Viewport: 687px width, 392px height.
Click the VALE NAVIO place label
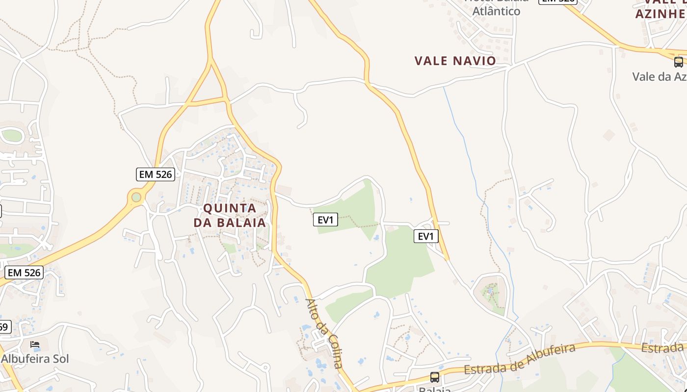point(455,61)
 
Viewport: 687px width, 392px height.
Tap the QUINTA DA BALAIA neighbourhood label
point(230,215)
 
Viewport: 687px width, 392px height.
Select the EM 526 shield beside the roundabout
point(155,174)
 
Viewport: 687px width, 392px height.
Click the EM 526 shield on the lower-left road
point(24,272)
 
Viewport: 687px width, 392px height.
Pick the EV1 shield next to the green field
point(325,220)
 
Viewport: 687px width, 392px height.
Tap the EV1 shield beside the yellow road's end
point(425,236)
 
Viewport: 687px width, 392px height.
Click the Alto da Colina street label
point(323,333)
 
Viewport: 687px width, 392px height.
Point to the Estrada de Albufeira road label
point(520,359)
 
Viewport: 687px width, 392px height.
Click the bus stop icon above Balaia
point(434,377)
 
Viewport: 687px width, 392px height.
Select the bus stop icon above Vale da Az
point(678,62)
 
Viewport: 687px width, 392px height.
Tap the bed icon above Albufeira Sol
point(34,344)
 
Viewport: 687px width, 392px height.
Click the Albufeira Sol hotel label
point(35,359)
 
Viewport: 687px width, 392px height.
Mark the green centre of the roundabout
point(136,197)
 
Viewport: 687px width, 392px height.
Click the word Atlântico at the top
point(496,11)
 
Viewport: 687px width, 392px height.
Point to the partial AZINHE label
point(661,13)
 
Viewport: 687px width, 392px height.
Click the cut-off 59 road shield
point(4,326)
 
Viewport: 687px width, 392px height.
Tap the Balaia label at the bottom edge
point(435,389)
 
